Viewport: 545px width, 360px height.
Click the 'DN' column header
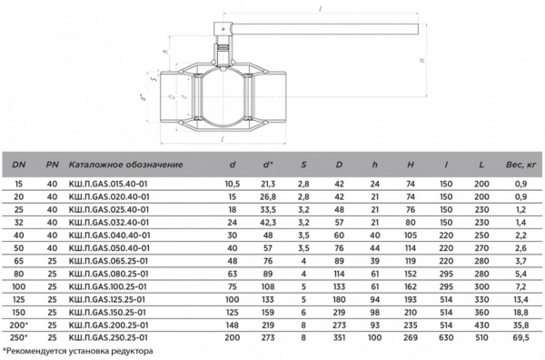tap(19, 164)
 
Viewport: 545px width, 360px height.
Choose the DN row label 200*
tap(19, 324)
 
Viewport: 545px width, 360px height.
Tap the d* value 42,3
tap(269, 222)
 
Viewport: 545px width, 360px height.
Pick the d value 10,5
tap(232, 184)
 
